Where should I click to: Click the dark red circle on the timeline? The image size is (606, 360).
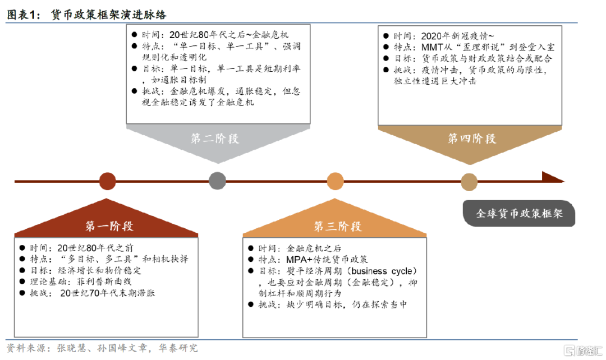[107, 181]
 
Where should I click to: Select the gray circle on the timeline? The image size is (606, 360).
[217, 181]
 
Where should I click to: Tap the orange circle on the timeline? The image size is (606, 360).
[335, 181]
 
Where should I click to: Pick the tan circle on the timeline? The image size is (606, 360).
[469, 181]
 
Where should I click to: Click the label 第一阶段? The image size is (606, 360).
[109, 227]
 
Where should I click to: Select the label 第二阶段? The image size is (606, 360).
[215, 139]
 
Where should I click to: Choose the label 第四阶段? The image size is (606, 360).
[472, 139]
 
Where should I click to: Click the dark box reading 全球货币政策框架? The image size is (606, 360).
[519, 214]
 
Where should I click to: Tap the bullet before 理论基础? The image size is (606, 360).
[22, 281]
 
